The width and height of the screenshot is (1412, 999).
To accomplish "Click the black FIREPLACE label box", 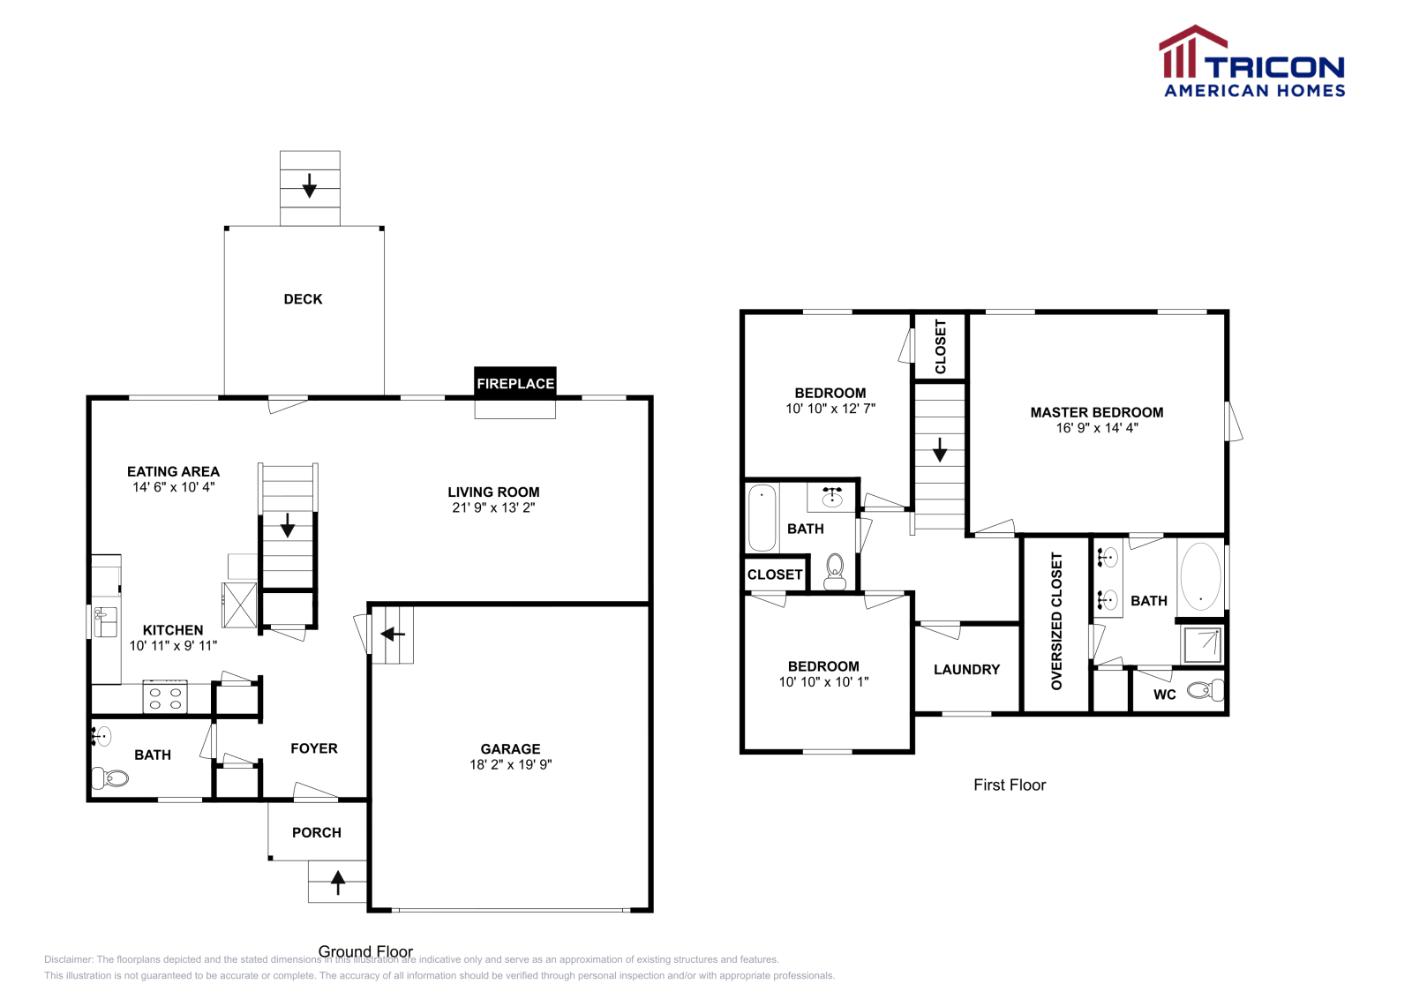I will pos(515,383).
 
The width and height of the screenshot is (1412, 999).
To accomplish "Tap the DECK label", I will pos(303,299).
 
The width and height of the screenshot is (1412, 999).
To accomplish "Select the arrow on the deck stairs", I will pos(310,186).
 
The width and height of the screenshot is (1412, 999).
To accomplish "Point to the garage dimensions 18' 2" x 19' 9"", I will pos(510,764).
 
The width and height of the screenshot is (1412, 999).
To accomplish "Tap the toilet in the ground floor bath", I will pos(110,778).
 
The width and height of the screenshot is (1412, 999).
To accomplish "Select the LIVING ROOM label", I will pos(493,492).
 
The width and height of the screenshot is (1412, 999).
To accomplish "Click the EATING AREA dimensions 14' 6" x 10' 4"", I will pos(174,486).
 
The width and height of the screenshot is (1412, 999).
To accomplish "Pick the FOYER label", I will pos(314,748).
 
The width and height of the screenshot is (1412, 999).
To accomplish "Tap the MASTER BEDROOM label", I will pos(1097,412).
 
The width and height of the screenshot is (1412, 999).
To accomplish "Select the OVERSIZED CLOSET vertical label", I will pos(1056,621).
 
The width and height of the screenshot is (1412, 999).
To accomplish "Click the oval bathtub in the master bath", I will pos(1200,576).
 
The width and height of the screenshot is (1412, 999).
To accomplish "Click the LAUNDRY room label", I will pos(966,670).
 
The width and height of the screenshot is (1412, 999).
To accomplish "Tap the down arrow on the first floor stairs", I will pos(940,450).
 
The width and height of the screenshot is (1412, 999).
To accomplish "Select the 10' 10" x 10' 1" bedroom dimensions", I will pos(823,681).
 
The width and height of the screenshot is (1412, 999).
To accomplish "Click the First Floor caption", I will pos(1010,785).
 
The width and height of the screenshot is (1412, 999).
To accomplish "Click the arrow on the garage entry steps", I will pos(393,634).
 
